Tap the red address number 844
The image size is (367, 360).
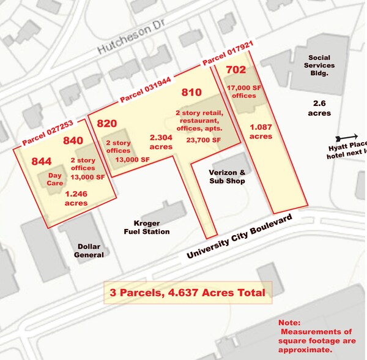point(43,161)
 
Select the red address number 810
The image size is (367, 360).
point(191,93)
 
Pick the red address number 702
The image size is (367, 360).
point(235,70)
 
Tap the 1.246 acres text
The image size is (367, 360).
point(76,198)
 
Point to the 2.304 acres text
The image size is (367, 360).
point(161,143)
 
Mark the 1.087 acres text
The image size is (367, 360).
point(261,132)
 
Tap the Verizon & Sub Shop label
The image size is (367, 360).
point(226,176)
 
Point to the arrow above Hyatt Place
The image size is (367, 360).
point(347,138)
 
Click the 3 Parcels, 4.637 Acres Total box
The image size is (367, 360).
point(187,293)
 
